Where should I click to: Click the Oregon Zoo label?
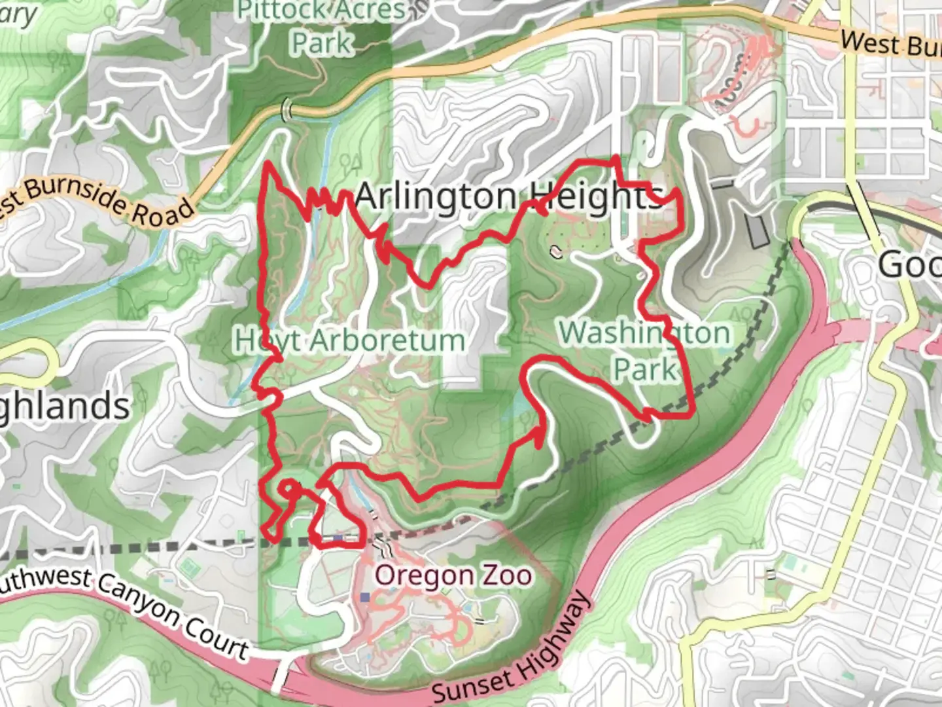(x=453, y=575)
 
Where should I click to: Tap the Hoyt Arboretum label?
(x=349, y=340)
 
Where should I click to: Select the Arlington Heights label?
(x=509, y=196)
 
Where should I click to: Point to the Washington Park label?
(x=644, y=350)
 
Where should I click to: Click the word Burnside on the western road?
(x=72, y=194)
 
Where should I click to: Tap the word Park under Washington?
(x=644, y=369)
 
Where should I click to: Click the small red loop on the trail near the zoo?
(x=288, y=488)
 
